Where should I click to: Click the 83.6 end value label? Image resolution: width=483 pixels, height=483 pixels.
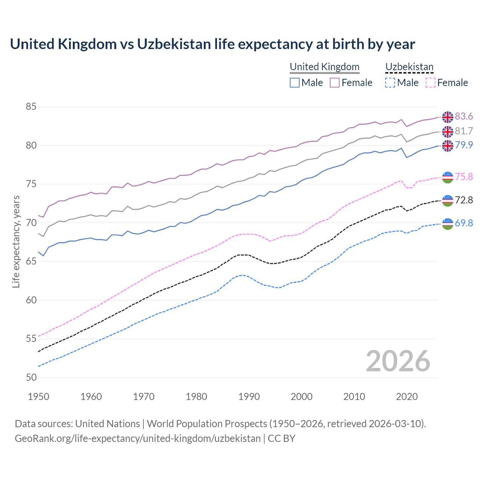tap(464, 117)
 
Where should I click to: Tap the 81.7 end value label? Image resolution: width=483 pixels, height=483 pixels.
tap(464, 131)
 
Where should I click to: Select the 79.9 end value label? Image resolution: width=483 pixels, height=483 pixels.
tap(464, 145)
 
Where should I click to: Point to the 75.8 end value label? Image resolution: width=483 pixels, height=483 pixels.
tap(464, 177)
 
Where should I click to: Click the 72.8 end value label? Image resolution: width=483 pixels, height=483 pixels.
tap(464, 200)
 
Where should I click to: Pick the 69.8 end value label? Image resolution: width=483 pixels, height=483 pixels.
tap(464, 223)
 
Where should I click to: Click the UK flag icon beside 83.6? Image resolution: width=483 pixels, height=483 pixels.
tap(448, 117)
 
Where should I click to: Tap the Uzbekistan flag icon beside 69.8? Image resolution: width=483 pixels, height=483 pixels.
tap(448, 224)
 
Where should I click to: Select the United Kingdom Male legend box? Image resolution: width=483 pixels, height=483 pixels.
tap(295, 83)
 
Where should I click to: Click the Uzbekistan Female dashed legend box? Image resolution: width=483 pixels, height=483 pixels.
tap(431, 83)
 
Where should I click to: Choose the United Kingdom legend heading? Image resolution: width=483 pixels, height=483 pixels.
tap(325, 67)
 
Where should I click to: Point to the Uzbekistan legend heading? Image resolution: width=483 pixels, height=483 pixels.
tap(409, 67)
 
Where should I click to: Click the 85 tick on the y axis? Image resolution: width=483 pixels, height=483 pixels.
tap(31, 107)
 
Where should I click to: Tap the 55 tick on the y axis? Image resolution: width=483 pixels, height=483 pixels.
tap(31, 339)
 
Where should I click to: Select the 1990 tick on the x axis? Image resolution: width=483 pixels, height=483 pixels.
tap(249, 397)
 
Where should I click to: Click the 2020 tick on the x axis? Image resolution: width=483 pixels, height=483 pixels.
tap(407, 397)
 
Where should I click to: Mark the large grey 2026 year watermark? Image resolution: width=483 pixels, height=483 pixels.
tap(398, 361)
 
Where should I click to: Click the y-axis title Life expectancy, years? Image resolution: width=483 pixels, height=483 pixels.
tap(16, 241)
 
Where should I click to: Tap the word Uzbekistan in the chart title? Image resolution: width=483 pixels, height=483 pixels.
tap(174, 44)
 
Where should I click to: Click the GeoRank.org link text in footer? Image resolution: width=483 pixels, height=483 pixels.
tap(138, 438)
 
